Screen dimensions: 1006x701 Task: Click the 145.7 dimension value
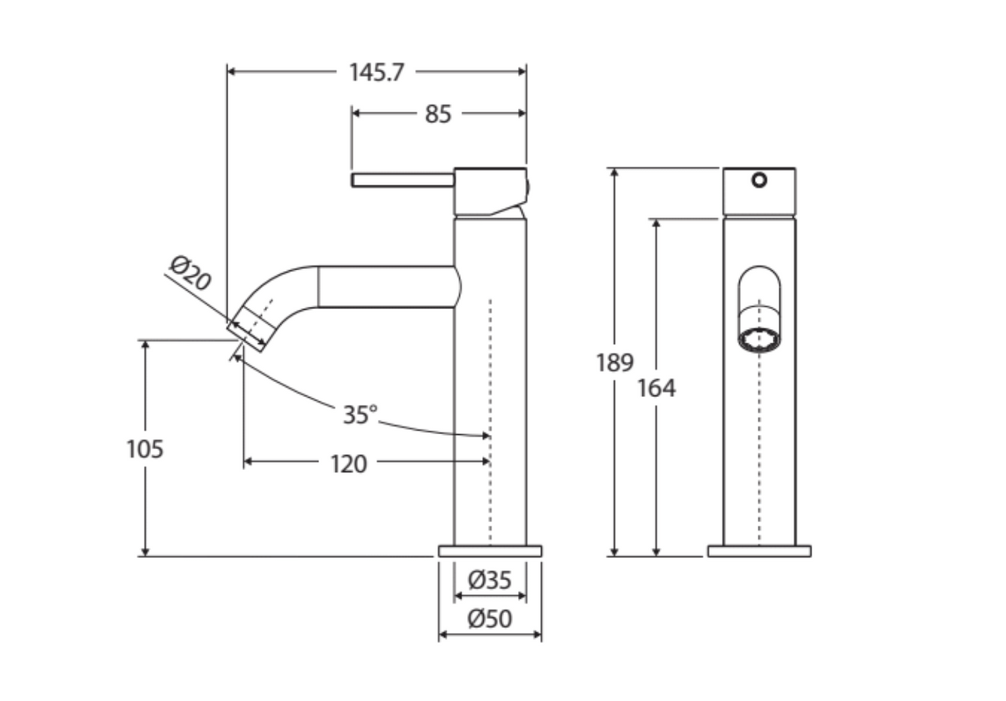[376, 72]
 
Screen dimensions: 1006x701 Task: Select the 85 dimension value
[438, 114]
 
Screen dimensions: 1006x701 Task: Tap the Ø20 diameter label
[191, 273]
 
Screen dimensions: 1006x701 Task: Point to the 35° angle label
[360, 414]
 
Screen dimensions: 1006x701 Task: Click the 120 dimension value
[349, 464]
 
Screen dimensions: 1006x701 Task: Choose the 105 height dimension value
[145, 448]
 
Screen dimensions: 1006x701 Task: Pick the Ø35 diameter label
[490, 580]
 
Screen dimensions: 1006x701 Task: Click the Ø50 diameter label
[490, 619]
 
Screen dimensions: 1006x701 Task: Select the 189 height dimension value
[614, 362]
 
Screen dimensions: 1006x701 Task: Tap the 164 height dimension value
[656, 388]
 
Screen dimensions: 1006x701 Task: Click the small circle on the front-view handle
[759, 180]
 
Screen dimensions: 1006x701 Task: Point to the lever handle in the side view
[403, 180]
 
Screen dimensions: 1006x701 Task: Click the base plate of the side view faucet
[490, 551]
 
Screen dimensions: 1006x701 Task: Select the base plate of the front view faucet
[759, 551]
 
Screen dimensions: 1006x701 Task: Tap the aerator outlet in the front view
[759, 339]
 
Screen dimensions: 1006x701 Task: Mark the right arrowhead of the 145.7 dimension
[522, 71]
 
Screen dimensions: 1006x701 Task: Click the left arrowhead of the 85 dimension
[356, 114]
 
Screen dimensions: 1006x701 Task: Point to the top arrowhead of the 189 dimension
[614, 173]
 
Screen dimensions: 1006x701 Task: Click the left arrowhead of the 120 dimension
[248, 462]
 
